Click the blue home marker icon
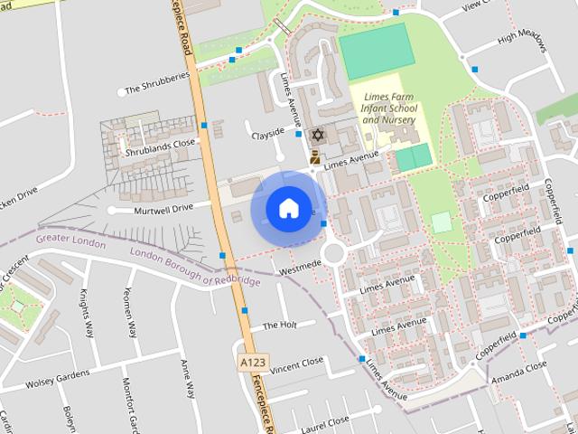click(x=288, y=209)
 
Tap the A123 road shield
click(x=254, y=362)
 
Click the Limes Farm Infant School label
click(x=389, y=108)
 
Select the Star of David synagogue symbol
click(x=316, y=135)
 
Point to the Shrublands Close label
click(x=160, y=143)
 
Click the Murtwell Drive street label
click(x=163, y=208)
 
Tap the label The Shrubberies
click(x=157, y=89)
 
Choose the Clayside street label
click(x=267, y=136)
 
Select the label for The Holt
click(x=280, y=325)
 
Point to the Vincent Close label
click(x=296, y=363)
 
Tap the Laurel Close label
click(x=324, y=422)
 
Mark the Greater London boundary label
click(x=70, y=241)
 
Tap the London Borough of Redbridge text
click(x=194, y=268)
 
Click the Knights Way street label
click(x=87, y=313)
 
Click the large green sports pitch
click(x=377, y=52)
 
